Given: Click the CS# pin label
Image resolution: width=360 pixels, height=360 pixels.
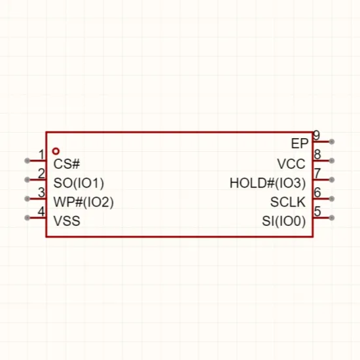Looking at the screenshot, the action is tap(67, 164).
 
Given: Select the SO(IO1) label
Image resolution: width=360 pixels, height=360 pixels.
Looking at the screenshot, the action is tap(79, 183).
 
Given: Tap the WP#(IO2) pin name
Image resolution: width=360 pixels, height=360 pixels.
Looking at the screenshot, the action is tap(84, 202).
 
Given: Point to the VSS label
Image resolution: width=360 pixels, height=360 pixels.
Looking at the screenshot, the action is tap(67, 221).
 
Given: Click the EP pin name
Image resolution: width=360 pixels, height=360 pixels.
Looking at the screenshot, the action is tap(299, 144).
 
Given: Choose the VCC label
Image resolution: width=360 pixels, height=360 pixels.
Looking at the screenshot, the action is tap(291, 164).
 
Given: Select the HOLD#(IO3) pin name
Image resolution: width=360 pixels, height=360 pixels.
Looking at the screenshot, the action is tap(268, 183).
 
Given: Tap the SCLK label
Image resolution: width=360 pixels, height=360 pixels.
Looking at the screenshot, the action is tap(288, 202).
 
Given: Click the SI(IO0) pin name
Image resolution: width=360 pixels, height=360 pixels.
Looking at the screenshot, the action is tap(284, 221).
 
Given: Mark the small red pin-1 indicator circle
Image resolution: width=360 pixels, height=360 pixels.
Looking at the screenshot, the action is tap(56, 151).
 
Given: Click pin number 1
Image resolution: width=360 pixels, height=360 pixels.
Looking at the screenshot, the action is tap(41, 154).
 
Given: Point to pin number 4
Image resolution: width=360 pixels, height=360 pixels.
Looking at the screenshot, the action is tap(41, 211).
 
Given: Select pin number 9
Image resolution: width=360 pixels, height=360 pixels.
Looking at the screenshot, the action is tap(317, 135).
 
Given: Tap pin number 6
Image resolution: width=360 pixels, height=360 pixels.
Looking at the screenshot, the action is tap(317, 192).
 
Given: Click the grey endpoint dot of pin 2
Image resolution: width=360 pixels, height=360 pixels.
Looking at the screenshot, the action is tap(27, 179).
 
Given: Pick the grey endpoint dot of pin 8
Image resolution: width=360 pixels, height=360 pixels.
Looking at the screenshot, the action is tap(332, 161).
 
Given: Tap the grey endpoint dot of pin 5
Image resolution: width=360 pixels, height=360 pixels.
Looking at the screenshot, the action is tap(332, 218).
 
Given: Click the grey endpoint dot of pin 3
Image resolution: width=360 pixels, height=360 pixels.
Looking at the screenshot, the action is tap(27, 198).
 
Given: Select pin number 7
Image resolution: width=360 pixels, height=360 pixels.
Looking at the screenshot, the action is tap(317, 173).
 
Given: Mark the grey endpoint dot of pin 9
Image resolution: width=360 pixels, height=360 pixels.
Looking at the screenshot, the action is tap(332, 141).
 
